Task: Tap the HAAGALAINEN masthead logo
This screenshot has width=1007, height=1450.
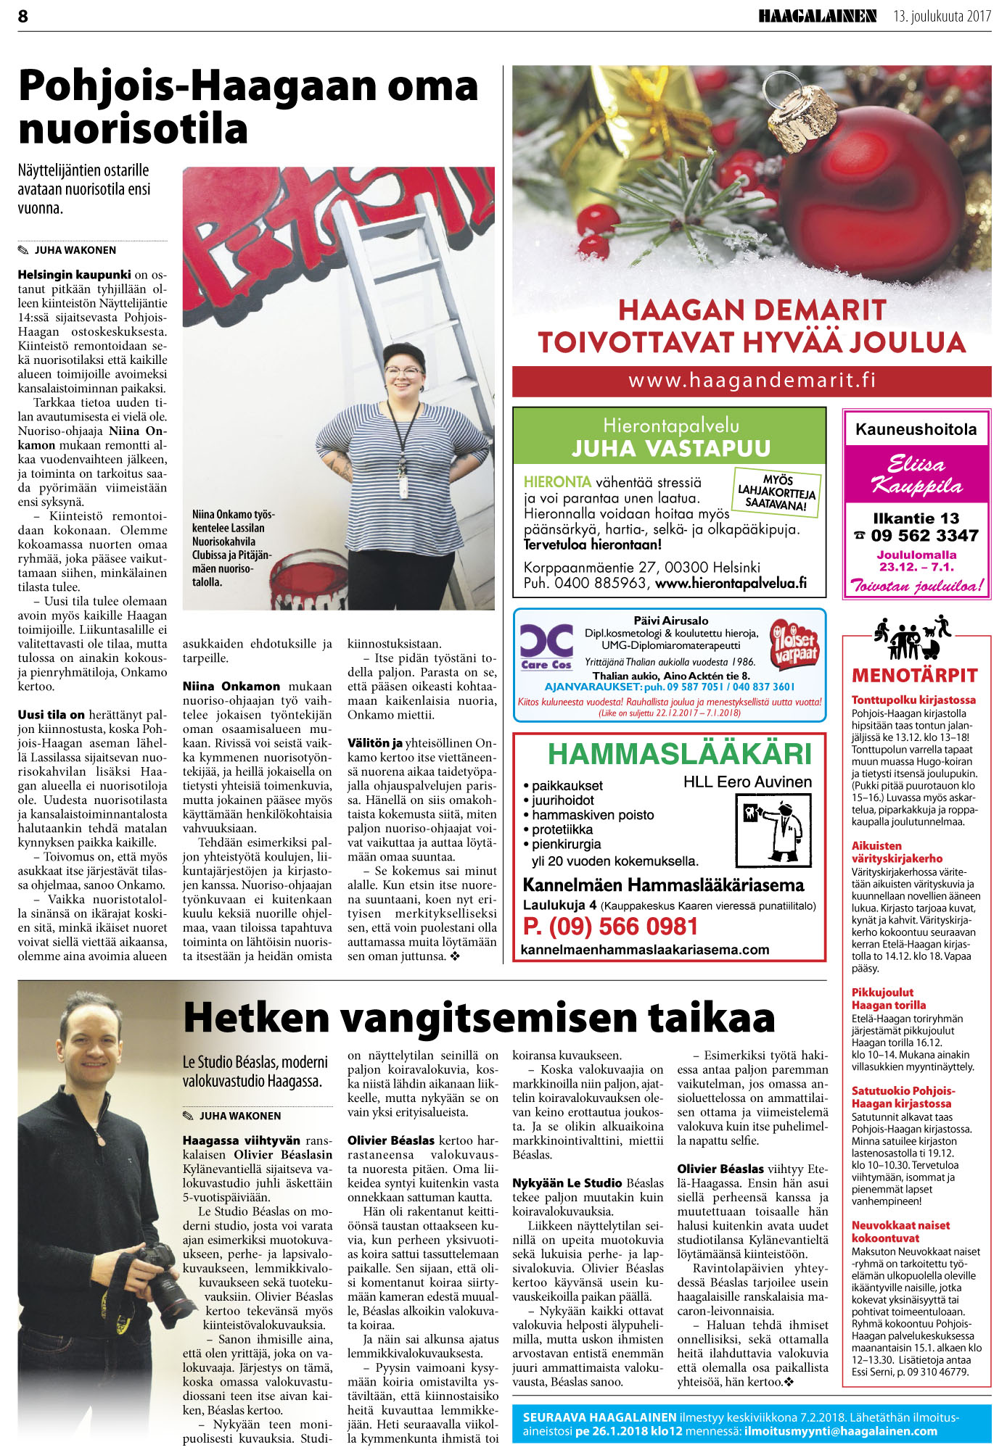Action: (x=817, y=16)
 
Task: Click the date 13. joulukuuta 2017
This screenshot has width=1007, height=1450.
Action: (x=942, y=16)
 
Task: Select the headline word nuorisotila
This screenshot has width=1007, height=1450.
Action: (x=133, y=128)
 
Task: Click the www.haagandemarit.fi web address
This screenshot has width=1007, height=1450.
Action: (x=752, y=380)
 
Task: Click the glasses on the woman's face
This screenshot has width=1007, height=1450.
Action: (x=403, y=373)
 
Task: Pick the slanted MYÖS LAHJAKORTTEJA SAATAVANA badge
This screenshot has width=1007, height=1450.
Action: (x=777, y=492)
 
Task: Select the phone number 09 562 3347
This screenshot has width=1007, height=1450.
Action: (x=924, y=536)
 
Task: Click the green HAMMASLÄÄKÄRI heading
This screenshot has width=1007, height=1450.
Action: (x=679, y=754)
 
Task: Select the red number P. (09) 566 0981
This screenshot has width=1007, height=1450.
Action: (x=610, y=926)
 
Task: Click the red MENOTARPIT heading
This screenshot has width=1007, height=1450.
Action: (x=915, y=676)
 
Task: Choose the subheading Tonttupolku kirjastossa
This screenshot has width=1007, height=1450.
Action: (x=913, y=700)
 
